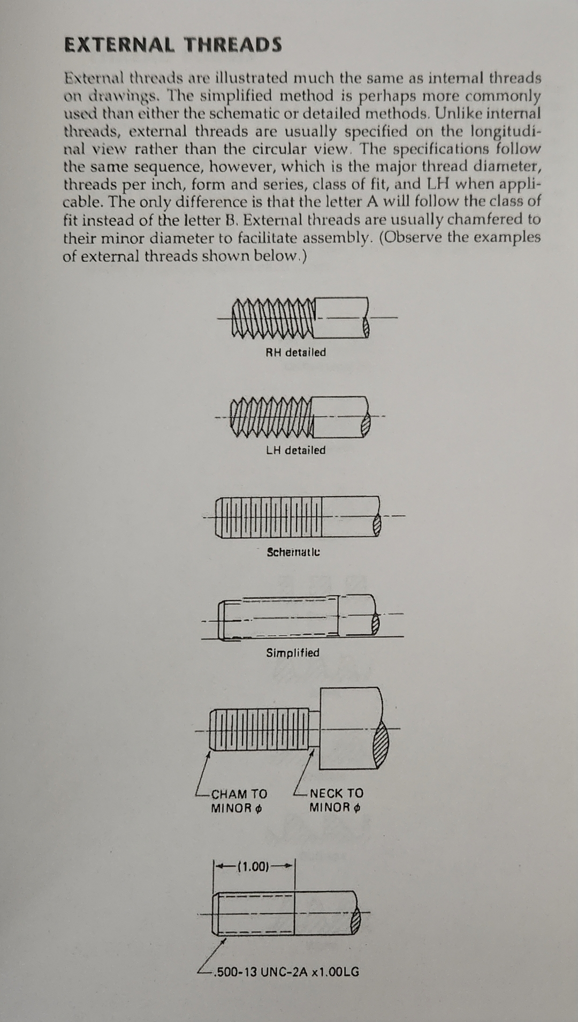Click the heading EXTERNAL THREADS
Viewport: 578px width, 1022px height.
173,45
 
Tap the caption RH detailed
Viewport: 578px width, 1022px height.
295,352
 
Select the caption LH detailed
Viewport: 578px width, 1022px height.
295,450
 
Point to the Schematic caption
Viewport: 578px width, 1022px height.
293,552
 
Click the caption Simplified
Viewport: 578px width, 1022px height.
293,653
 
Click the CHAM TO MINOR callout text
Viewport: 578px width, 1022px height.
239,801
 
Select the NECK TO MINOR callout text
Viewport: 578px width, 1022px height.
336,800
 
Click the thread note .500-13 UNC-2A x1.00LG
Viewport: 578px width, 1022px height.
286,972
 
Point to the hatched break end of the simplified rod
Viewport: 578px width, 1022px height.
376,624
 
